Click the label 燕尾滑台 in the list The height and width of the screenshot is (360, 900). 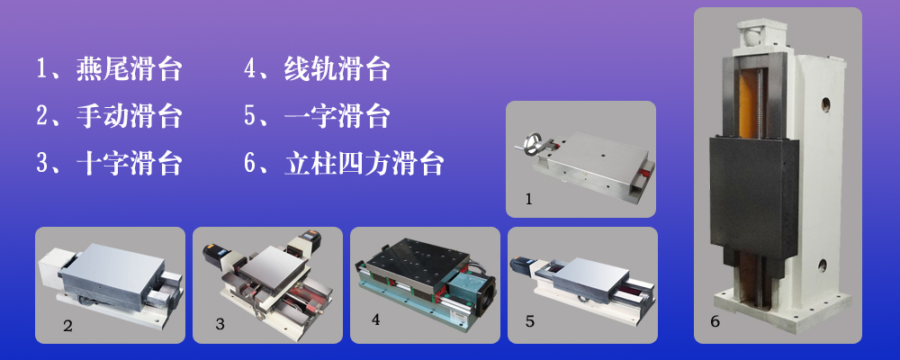[129, 69]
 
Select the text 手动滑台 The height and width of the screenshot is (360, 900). [129, 117]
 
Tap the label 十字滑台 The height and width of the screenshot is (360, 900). [129, 164]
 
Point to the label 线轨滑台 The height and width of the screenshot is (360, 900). [337, 69]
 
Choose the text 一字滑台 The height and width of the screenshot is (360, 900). [337, 117]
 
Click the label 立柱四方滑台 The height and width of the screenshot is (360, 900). [364, 164]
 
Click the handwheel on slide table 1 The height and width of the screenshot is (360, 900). [533, 142]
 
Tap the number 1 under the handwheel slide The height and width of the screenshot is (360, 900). [528, 199]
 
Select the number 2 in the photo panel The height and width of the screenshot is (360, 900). [67, 326]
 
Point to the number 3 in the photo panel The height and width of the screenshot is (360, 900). [220, 324]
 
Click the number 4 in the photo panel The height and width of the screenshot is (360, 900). [375, 319]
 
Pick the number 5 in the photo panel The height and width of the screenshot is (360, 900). [530, 321]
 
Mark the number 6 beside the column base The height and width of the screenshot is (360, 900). [715, 321]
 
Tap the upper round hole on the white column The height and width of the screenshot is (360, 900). [825, 103]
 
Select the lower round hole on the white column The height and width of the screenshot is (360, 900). [822, 265]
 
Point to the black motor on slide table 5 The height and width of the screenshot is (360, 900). [522, 264]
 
